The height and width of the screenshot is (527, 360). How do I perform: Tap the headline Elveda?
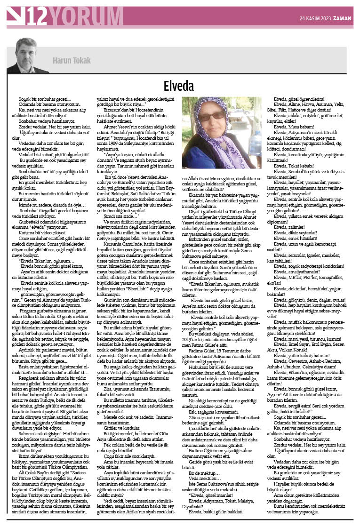179,86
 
